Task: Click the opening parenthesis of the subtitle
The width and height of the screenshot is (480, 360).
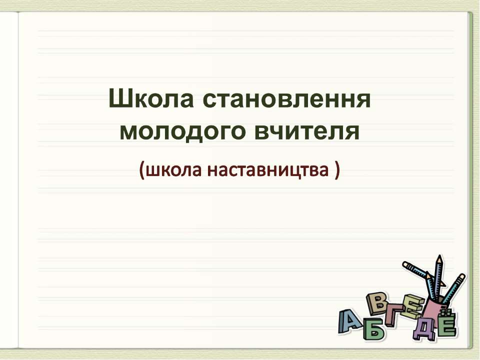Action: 142,171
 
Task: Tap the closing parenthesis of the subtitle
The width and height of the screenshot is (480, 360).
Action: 337,171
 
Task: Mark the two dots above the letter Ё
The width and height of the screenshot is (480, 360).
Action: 446,313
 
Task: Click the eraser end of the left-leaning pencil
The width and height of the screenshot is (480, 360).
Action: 406,263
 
